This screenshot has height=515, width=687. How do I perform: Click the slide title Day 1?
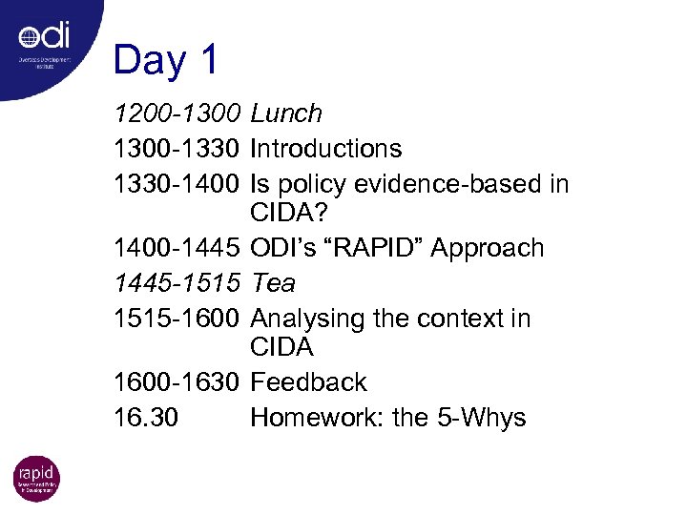pyautogui.click(x=166, y=60)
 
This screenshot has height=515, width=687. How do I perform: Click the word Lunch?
pyautogui.click(x=286, y=114)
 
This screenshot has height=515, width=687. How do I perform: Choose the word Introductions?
pyautogui.click(x=325, y=149)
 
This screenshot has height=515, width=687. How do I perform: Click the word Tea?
pyautogui.click(x=273, y=283)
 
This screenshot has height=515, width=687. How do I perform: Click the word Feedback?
pyautogui.click(x=308, y=382)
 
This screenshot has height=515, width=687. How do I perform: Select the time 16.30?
pyautogui.click(x=144, y=418)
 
